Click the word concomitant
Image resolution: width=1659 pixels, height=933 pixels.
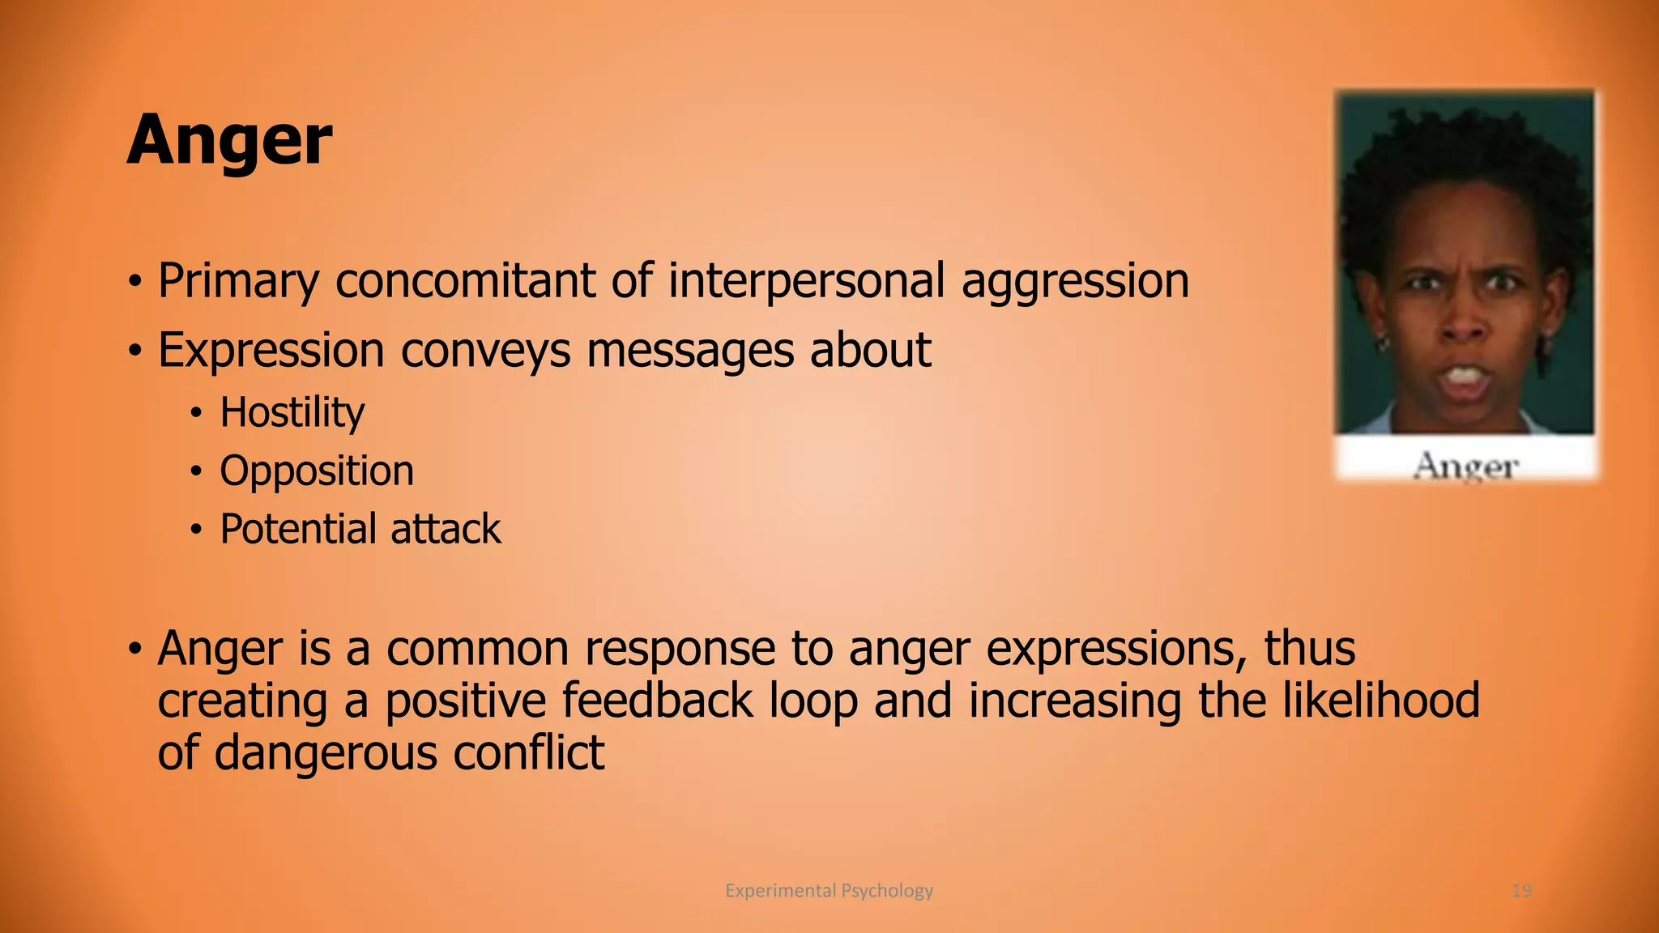click(465, 281)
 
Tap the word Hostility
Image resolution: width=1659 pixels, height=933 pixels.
click(292, 413)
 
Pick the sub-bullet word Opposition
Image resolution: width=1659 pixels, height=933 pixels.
click(317, 472)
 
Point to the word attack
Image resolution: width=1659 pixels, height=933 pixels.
click(446, 529)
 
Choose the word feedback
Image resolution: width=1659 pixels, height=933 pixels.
click(657, 701)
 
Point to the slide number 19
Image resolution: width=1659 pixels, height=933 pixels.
click(1521, 891)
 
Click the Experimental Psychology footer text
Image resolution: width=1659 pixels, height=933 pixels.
click(829, 891)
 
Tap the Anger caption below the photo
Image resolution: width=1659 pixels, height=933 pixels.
click(1465, 466)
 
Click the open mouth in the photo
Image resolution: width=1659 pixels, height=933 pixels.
click(1465, 377)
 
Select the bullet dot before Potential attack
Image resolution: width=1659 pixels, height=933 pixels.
click(195, 530)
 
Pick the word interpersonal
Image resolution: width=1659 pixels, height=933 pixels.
click(806, 281)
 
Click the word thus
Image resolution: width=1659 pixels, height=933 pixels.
click(1309, 649)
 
